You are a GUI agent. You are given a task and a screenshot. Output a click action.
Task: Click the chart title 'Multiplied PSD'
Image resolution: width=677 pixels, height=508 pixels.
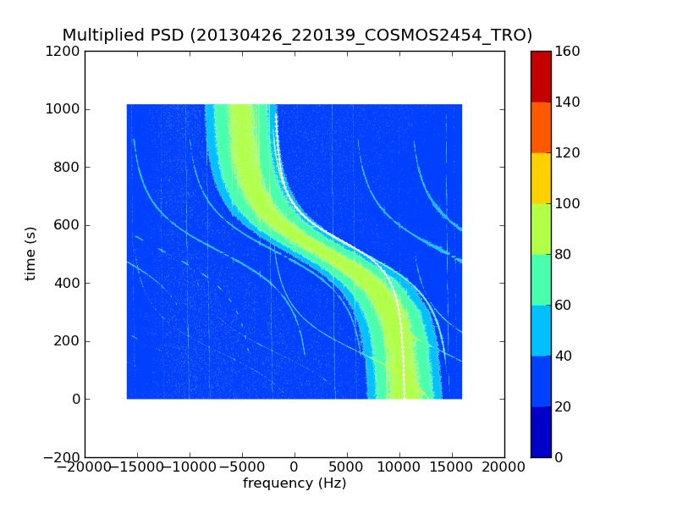point(124,36)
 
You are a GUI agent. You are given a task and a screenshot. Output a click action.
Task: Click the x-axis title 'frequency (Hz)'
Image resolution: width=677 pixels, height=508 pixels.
point(294,483)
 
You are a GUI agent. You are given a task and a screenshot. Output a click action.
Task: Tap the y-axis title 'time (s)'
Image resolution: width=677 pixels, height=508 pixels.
point(30,253)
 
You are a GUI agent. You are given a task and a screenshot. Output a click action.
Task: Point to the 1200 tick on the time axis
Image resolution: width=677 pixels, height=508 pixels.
point(63,51)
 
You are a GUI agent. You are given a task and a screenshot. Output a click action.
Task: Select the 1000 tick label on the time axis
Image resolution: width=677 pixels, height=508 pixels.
point(63,109)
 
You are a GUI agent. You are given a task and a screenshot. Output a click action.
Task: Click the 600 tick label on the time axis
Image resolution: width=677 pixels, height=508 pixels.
point(68,225)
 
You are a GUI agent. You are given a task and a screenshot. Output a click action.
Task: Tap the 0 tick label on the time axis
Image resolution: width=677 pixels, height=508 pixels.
point(75,399)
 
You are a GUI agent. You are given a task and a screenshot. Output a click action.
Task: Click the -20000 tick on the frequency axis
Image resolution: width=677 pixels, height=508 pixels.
point(85,467)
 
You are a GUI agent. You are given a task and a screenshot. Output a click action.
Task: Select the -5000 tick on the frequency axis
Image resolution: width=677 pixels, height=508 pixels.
point(242,467)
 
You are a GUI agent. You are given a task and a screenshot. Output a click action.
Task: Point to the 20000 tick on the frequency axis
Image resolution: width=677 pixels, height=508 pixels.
point(504,467)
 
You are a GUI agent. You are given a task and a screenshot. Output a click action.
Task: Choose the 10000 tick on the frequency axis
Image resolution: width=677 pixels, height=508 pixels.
point(399,467)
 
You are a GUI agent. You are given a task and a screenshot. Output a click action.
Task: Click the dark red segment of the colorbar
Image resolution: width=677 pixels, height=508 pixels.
point(541,76)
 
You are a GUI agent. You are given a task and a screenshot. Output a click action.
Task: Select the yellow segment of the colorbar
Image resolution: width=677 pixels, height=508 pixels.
point(541,178)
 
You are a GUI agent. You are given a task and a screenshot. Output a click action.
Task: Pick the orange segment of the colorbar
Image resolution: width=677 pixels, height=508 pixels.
point(541,127)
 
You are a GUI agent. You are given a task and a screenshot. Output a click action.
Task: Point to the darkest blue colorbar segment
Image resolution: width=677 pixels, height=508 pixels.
point(541,432)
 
